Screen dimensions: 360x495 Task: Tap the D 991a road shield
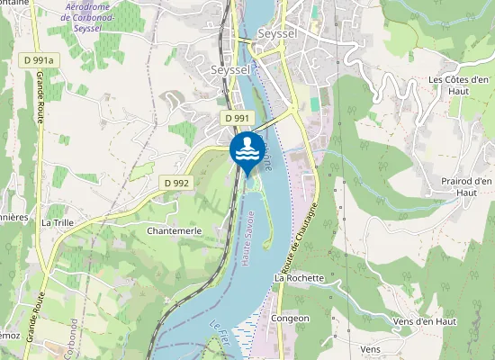click(x=38, y=60)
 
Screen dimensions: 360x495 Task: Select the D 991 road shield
click(x=237, y=118)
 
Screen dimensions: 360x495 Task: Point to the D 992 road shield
click(x=177, y=182)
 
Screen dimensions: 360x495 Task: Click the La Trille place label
click(x=58, y=221)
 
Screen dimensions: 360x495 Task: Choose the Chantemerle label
click(x=174, y=230)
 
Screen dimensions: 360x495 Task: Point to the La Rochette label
click(x=299, y=278)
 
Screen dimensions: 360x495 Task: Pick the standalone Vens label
click(x=370, y=348)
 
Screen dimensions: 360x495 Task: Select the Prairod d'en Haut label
click(x=466, y=186)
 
